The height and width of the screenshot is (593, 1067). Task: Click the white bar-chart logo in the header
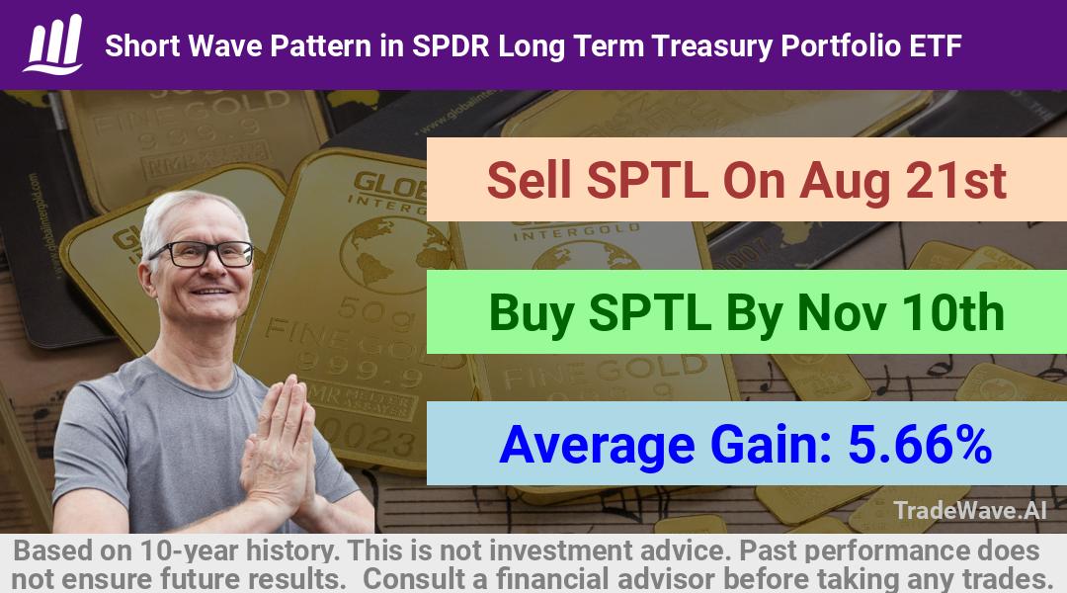(53, 44)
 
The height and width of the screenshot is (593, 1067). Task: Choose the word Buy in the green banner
(531, 314)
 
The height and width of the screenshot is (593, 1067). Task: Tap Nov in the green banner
(842, 312)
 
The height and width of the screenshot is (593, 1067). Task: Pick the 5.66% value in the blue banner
(920, 444)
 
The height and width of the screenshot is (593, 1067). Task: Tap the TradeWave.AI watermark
(970, 510)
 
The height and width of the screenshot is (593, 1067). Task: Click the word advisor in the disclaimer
(667, 579)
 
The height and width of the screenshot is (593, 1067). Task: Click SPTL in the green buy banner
(650, 312)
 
